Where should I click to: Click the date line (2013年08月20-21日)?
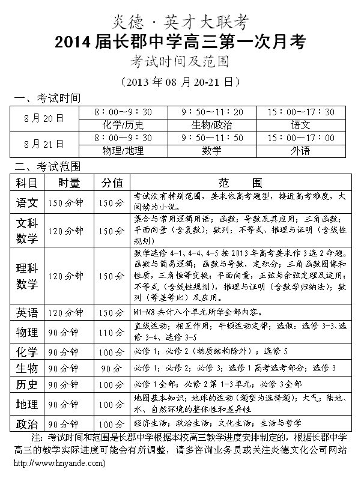click(x=180, y=82)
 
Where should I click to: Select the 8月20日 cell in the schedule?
click(x=44, y=118)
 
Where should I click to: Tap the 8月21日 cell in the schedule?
click(x=44, y=144)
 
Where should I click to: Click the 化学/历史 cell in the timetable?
click(x=123, y=125)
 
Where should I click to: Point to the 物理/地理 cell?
click(x=123, y=151)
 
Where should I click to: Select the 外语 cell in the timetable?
click(x=300, y=151)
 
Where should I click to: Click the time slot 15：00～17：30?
click(x=300, y=112)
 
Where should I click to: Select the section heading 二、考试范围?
click(x=47, y=166)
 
